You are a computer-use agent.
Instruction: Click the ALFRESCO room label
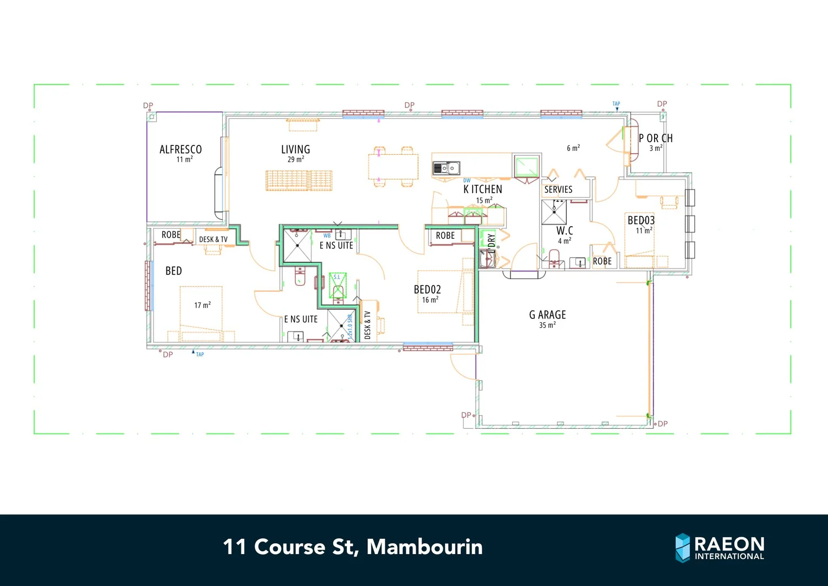pos(180,149)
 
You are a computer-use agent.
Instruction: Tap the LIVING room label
pos(295,149)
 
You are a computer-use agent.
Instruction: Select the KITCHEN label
pos(483,189)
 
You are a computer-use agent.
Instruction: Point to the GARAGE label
pos(547,315)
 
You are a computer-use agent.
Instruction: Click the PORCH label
pos(655,138)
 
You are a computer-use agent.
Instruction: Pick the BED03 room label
pos(641,220)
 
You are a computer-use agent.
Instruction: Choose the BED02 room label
pos(427,290)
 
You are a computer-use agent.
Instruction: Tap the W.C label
pos(564,231)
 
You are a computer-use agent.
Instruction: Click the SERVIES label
pos(558,189)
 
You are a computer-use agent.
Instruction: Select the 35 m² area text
pos(547,326)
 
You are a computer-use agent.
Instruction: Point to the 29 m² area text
pos(295,160)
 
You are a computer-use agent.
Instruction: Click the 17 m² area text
pos(202,305)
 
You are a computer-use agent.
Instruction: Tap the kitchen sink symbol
pos(446,168)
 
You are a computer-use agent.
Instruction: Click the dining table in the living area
pos(393,167)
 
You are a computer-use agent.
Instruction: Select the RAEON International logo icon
pos(682,547)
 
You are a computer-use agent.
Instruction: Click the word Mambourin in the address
pos(424,547)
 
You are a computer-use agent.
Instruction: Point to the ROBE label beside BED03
pos(602,262)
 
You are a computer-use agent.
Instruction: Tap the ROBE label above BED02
pos(445,235)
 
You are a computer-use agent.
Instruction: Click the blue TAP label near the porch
pos(616,104)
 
